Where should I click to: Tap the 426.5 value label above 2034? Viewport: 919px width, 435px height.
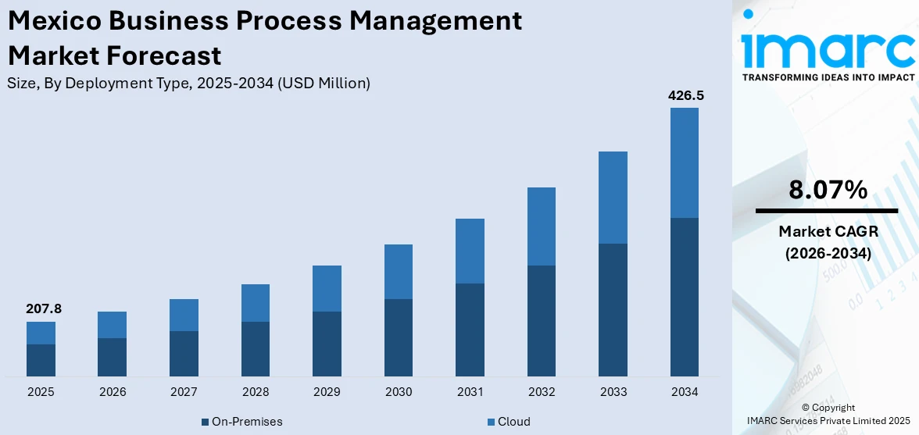click(685, 96)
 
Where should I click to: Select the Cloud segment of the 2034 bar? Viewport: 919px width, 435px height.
click(685, 162)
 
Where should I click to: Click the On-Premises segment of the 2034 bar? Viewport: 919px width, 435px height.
click(685, 297)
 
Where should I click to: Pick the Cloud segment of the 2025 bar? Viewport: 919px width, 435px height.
click(41, 333)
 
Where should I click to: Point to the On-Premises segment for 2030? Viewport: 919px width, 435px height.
click(399, 337)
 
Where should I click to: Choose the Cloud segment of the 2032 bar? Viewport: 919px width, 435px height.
click(542, 226)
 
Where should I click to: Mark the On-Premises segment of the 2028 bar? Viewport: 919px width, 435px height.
click(256, 348)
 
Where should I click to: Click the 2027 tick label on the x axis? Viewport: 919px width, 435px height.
click(184, 392)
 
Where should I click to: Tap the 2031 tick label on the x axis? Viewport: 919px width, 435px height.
click(470, 392)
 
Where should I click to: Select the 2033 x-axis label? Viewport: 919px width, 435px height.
click(613, 392)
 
